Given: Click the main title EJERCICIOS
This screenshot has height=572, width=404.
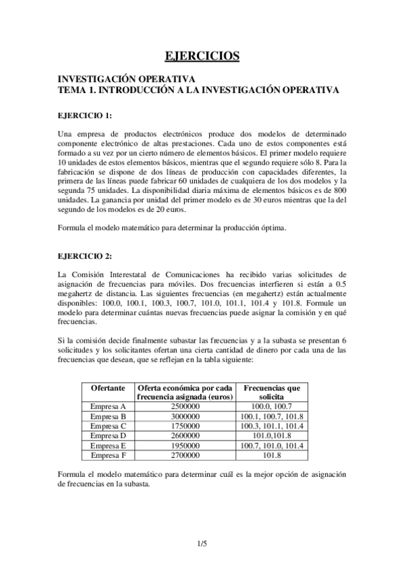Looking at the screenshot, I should point(202,55).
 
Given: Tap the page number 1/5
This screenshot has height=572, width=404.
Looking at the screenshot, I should point(202,543).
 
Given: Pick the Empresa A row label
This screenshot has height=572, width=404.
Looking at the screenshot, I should point(108,406).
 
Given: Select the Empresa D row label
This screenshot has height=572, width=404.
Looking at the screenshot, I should point(108,436).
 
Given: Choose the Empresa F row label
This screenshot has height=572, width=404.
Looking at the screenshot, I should point(108,455).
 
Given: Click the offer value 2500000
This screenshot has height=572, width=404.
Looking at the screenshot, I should point(185,406).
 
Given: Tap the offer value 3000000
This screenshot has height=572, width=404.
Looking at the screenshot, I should point(185,416).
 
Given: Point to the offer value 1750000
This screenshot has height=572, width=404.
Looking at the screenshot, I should point(185,426).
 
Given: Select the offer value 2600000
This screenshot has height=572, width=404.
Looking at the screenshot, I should point(185,436).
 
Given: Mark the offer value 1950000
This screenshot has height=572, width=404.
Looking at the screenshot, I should point(185,445).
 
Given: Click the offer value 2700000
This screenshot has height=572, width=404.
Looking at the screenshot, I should point(185,455).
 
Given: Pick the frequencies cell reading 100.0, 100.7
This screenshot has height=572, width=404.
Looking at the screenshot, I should point(271,406).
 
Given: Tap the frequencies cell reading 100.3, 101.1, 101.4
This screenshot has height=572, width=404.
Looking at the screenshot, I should point(271,426).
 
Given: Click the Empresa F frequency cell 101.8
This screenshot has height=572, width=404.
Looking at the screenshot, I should point(271,455).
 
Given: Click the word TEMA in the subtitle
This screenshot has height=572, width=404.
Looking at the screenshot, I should point(72,88).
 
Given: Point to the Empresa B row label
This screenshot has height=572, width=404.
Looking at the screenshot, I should point(108,416).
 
